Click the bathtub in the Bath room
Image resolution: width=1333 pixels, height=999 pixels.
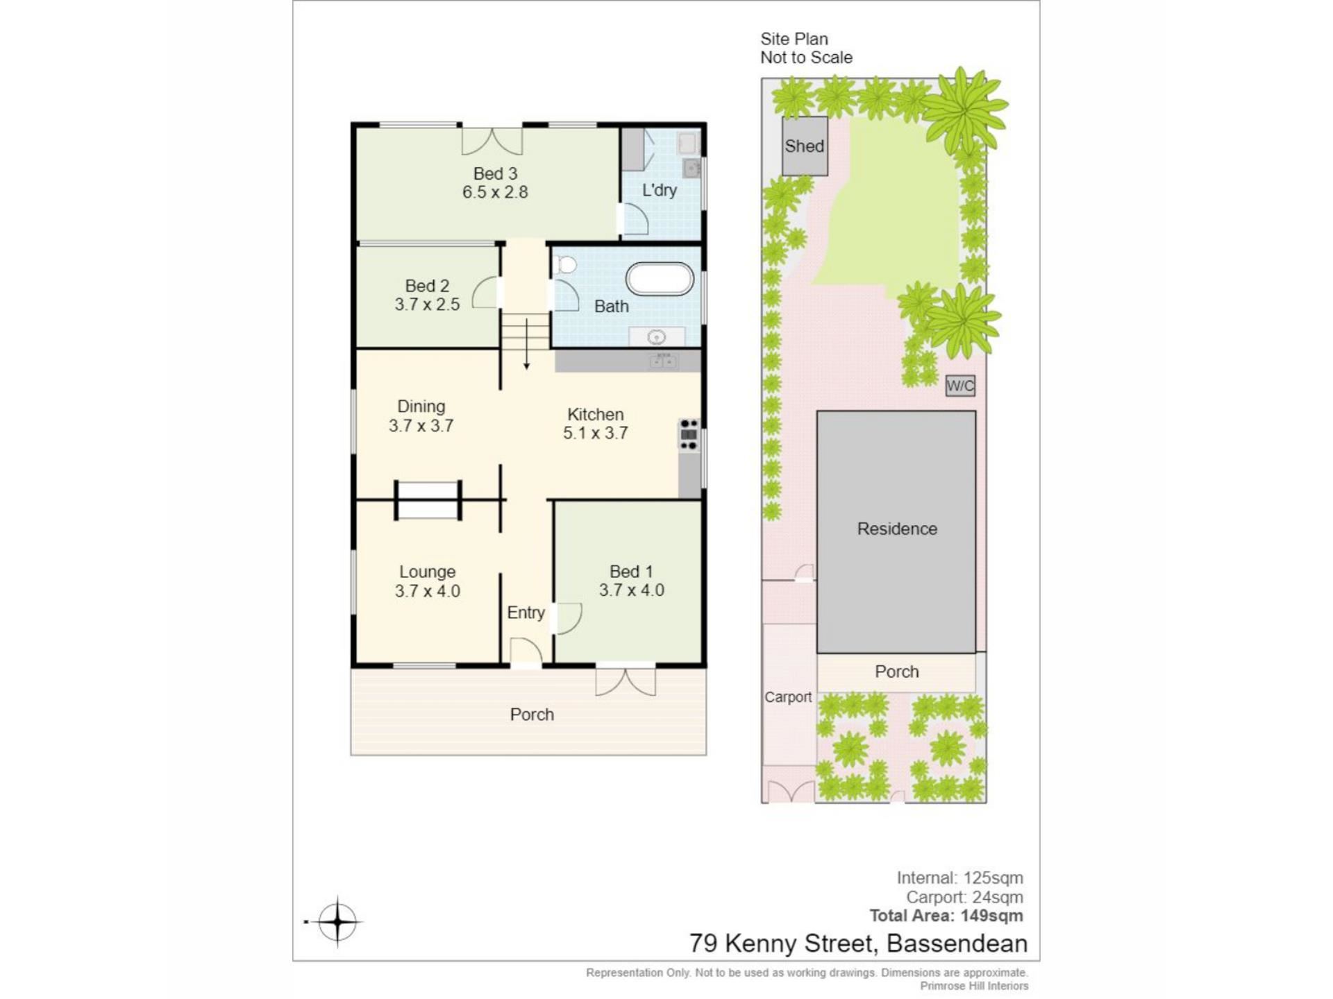(660, 279)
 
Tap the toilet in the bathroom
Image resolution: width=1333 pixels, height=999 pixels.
(566, 265)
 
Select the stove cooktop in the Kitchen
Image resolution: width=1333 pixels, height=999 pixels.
(689, 434)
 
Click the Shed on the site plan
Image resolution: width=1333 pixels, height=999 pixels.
(805, 146)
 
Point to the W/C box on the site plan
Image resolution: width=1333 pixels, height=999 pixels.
(960, 386)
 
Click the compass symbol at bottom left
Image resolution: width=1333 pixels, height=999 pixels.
(337, 922)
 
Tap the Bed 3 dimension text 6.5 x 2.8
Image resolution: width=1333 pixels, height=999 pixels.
(495, 192)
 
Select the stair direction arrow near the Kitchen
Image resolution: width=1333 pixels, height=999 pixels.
(527, 343)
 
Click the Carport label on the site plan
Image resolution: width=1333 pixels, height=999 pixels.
(788, 697)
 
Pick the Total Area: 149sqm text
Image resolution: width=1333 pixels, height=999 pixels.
(946, 916)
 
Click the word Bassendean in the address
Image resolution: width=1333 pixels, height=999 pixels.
(957, 943)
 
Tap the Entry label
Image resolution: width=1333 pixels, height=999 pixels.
(526, 613)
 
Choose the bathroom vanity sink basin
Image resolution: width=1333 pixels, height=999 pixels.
(656, 337)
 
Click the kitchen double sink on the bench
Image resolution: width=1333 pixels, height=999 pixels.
(663, 361)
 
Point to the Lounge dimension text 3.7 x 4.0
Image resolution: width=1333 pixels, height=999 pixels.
(428, 591)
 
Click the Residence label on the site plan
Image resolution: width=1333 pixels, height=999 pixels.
(897, 529)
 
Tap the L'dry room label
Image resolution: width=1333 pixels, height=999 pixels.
(660, 190)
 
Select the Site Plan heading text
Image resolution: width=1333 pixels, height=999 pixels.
(794, 39)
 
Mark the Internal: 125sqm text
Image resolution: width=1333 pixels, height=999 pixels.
(960, 878)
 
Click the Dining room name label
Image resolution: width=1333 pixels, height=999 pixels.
(421, 407)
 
